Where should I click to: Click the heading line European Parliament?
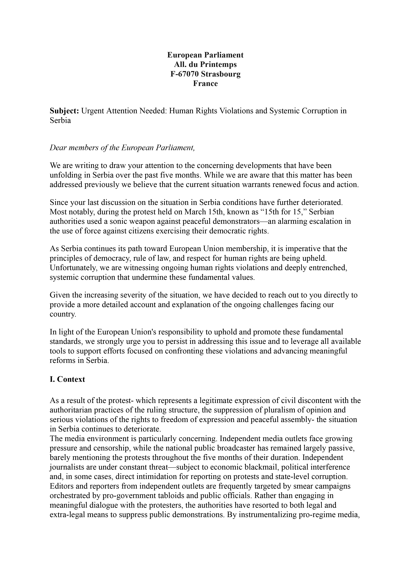point(205,55)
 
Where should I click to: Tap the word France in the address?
point(205,83)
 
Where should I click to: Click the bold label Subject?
point(65,111)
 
